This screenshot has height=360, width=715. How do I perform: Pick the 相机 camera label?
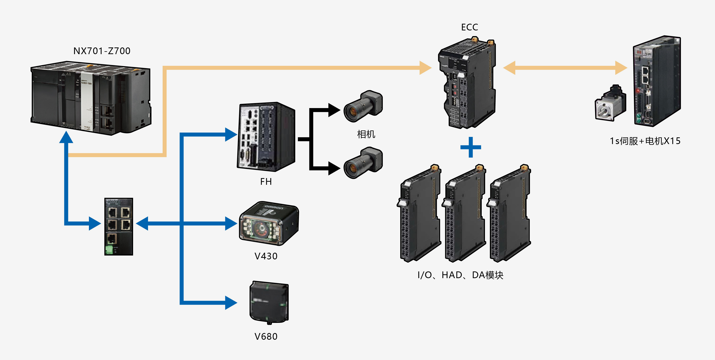(366, 134)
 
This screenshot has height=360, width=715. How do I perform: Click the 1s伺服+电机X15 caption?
(645, 141)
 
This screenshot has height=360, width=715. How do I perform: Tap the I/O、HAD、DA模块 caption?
(460, 275)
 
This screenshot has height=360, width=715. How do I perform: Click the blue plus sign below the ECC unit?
(470, 147)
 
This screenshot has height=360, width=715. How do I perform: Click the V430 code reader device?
(268, 223)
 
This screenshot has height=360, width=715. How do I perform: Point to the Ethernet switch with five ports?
(119, 226)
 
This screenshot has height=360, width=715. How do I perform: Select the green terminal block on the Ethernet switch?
(109, 250)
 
